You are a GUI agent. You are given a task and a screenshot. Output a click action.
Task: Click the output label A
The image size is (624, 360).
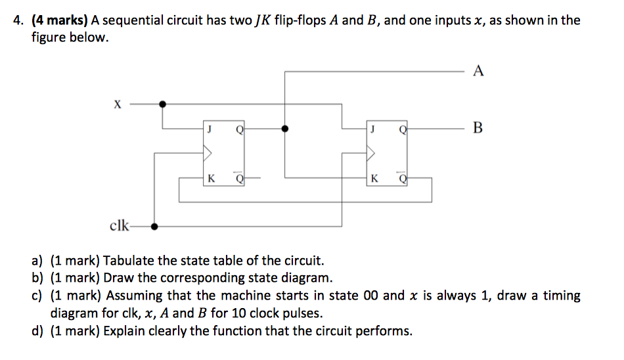click(x=478, y=71)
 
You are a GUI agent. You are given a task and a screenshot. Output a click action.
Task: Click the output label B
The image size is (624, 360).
click(x=478, y=127)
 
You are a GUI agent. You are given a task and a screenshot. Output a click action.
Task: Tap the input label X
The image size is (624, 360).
click(x=118, y=104)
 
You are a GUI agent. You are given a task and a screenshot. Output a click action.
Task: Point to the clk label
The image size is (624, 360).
click(x=120, y=227)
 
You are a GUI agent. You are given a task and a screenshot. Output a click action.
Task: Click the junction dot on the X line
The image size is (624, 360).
click(x=162, y=103)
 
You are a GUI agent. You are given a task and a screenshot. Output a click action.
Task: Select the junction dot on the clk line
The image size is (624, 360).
click(x=154, y=227)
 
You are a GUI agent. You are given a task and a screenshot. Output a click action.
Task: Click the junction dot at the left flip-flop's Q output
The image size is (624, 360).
click(x=284, y=129)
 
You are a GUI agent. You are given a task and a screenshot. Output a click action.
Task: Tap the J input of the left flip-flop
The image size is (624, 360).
click(x=210, y=129)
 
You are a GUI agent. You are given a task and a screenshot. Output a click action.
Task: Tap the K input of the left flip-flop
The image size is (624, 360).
click(x=210, y=178)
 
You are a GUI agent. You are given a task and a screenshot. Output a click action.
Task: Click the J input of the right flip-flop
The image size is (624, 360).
click(x=373, y=129)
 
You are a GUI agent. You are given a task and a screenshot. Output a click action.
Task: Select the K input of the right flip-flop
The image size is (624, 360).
click(x=374, y=178)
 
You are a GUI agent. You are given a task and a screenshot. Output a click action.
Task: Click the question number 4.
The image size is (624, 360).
click(x=18, y=20)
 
